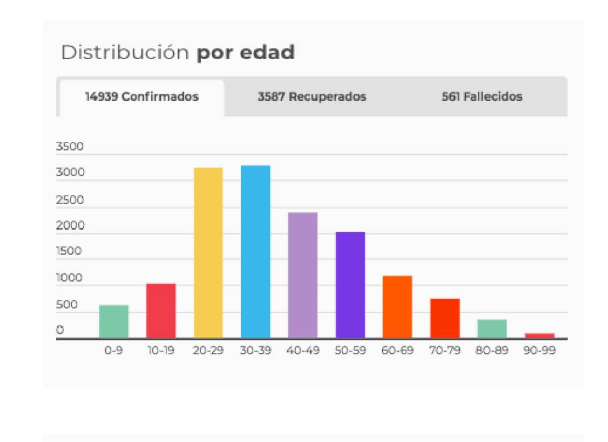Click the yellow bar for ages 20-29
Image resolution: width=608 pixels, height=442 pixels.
208,253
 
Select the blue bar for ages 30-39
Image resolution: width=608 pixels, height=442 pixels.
255,252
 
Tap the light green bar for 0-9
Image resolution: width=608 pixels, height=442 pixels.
113,322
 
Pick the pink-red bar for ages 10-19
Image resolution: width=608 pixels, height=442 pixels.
161,311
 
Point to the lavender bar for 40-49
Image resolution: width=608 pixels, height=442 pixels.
303,275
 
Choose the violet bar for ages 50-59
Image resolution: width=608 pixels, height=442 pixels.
350,285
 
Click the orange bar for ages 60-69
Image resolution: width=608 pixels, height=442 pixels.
397,307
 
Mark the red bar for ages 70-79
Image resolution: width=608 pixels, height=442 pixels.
445,318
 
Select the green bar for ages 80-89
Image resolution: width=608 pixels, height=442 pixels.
492,329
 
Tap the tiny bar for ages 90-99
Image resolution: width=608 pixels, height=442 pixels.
539,336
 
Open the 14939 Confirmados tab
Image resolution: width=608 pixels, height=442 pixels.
141,97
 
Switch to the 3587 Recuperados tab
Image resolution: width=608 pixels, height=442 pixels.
311,97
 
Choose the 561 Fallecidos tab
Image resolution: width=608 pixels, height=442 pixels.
482,97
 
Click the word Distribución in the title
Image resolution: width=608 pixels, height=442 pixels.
125,53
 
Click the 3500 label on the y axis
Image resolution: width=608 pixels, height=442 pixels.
69,148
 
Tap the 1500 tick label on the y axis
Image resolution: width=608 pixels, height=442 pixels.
69,252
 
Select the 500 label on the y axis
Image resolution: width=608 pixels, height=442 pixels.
67,305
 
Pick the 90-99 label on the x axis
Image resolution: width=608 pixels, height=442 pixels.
539,350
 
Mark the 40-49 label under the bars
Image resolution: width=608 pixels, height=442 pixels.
303,350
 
